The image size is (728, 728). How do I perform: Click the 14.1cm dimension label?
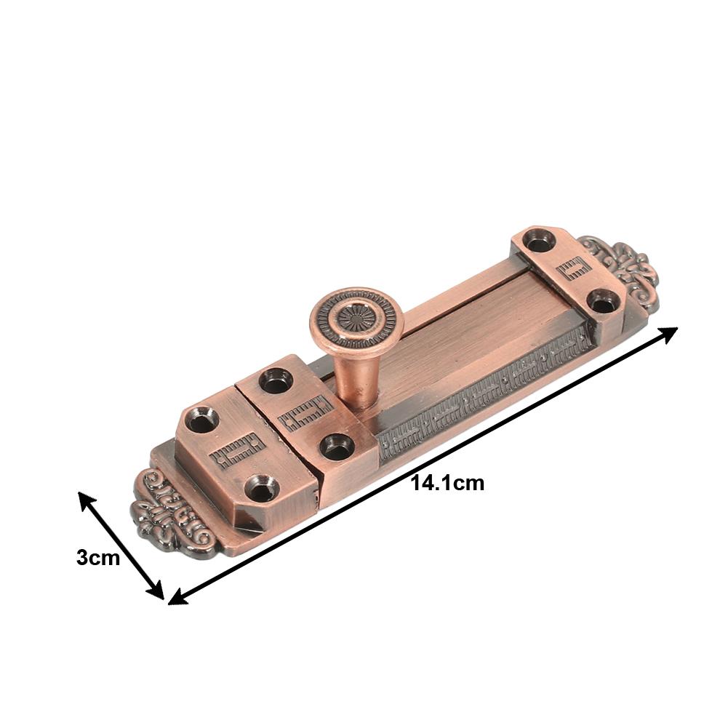tap(447, 483)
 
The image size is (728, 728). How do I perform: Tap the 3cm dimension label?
tap(97, 558)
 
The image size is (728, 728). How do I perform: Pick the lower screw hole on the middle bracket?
tap(336, 445)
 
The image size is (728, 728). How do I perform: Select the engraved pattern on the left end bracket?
tap(234, 452)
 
